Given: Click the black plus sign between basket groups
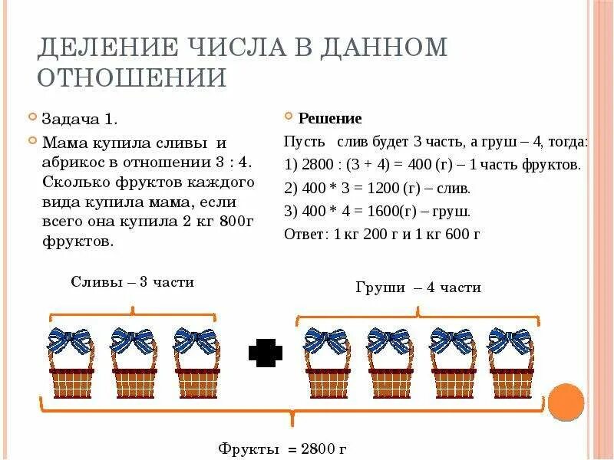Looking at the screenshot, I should (266, 353).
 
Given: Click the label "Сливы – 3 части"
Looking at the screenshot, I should (133, 282).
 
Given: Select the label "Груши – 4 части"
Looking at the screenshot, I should (418, 287).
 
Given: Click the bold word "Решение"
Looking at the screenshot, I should (329, 119).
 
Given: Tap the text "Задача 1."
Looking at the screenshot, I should (80, 119).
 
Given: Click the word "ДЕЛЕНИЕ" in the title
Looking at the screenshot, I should (107, 48).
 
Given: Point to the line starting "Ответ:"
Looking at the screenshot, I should (381, 235).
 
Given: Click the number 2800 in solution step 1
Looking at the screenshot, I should (315, 165).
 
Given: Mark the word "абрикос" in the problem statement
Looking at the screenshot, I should (73, 163).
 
